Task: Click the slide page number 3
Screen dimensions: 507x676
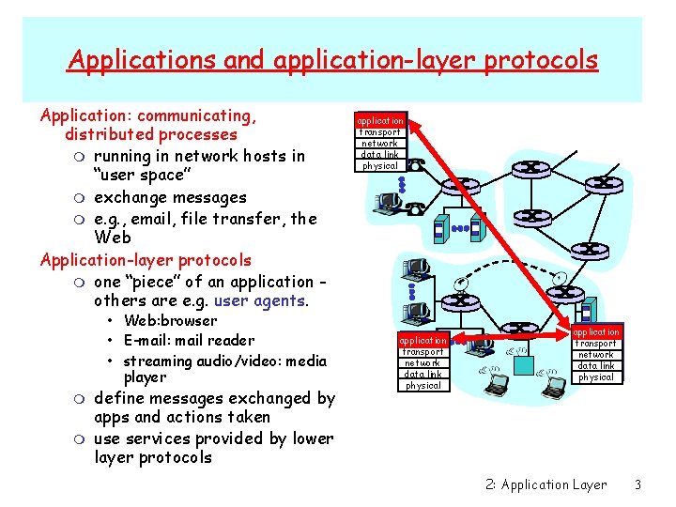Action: (x=638, y=484)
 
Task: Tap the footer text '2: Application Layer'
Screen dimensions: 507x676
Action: (x=546, y=484)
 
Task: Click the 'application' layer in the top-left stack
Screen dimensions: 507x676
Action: (x=380, y=121)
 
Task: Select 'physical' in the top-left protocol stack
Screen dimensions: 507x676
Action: (x=380, y=166)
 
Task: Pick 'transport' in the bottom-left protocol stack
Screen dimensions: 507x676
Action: (x=422, y=351)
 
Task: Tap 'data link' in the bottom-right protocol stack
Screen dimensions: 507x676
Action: (x=596, y=366)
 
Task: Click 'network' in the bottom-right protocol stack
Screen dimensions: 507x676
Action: (x=596, y=355)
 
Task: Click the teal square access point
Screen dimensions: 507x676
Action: (x=585, y=311)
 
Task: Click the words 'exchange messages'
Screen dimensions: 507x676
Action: (x=170, y=197)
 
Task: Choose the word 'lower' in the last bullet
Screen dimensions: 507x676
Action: (x=312, y=438)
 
